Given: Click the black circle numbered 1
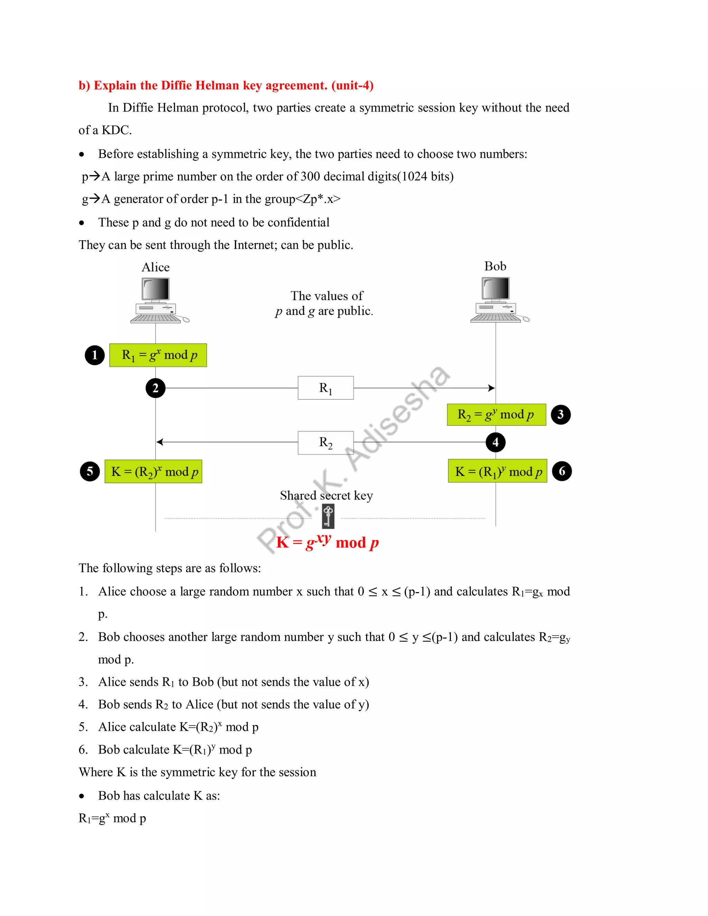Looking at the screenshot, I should [94, 355].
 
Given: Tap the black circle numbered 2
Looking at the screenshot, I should [155, 388].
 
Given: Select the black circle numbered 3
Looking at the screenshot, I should [560, 415].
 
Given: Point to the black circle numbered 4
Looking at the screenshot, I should [495, 442].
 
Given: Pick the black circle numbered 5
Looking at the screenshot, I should [90, 471].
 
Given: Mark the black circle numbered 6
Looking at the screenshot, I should [562, 471].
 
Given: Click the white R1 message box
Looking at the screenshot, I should [325, 388].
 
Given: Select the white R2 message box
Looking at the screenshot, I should [325, 442].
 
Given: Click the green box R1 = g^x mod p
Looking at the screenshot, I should [158, 355].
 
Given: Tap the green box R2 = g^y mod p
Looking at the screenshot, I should [496, 415].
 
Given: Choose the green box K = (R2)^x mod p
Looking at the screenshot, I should [153, 471].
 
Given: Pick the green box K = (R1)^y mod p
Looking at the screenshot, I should [497, 471].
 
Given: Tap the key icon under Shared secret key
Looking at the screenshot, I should [328, 516].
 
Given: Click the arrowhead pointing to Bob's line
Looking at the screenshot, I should [492, 388].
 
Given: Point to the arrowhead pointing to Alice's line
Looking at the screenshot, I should [160, 442].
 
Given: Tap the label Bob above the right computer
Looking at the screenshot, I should [495, 266].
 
